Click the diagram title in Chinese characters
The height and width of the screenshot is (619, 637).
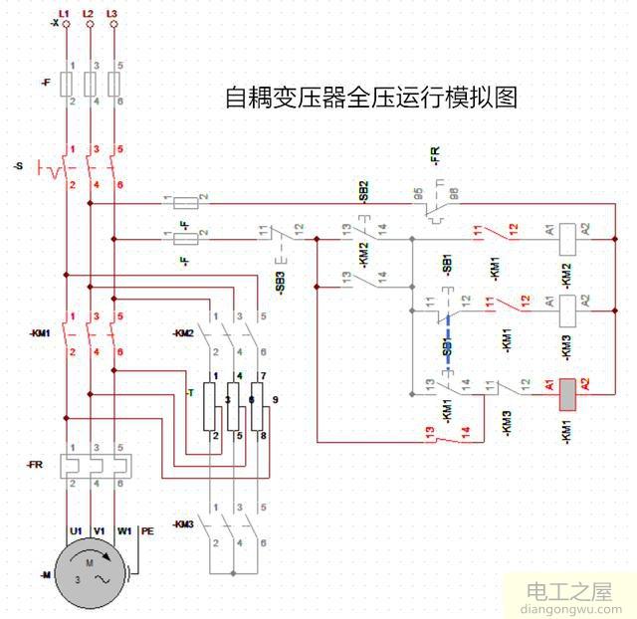(370, 98)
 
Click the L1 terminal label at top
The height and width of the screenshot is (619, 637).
(65, 12)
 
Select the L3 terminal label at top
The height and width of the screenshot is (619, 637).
(111, 12)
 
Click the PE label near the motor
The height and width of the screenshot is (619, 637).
(147, 531)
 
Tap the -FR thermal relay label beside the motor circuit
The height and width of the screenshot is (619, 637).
(32, 465)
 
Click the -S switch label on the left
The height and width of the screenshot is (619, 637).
(18, 166)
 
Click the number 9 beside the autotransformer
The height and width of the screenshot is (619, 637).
(274, 399)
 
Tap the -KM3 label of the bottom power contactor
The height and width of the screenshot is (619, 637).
(182, 523)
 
